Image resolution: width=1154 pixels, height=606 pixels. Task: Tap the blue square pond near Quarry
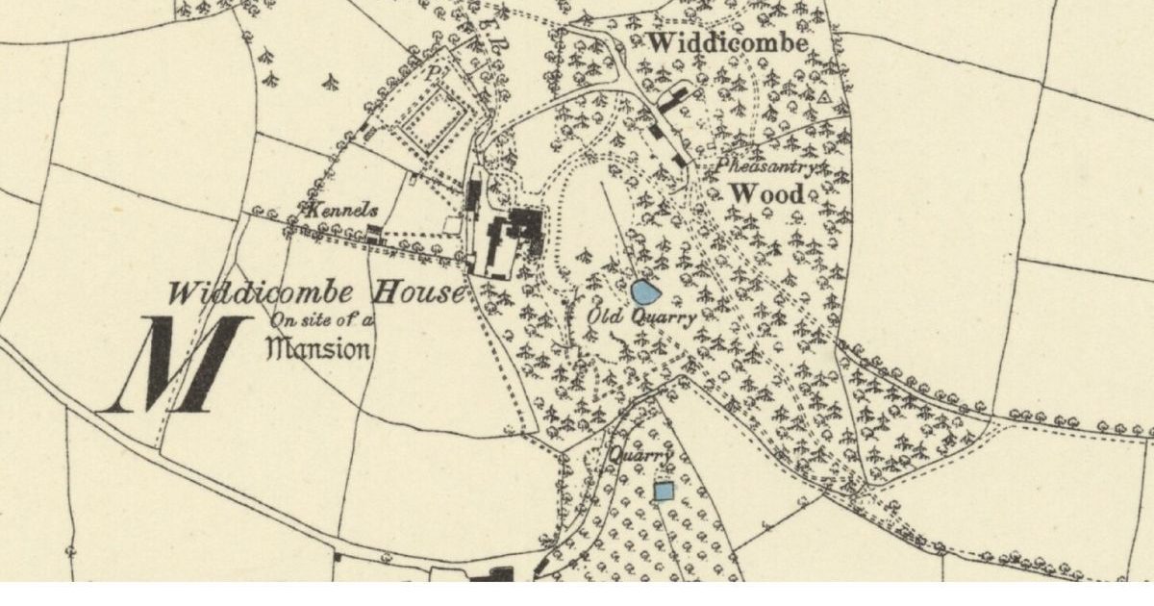pyautogui.click(x=664, y=492)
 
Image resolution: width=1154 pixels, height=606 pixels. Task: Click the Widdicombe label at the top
pyautogui.click(x=727, y=43)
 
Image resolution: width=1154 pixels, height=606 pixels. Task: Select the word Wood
pyautogui.click(x=766, y=193)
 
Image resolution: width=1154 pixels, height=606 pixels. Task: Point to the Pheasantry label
pyautogui.click(x=766, y=166)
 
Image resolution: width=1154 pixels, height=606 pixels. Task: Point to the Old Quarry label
pyautogui.click(x=642, y=317)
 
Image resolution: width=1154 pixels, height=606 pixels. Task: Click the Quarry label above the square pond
pyautogui.click(x=635, y=456)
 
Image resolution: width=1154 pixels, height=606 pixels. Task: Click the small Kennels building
pyautogui.click(x=373, y=232)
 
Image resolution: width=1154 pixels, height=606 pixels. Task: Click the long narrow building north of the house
pyautogui.click(x=473, y=195)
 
